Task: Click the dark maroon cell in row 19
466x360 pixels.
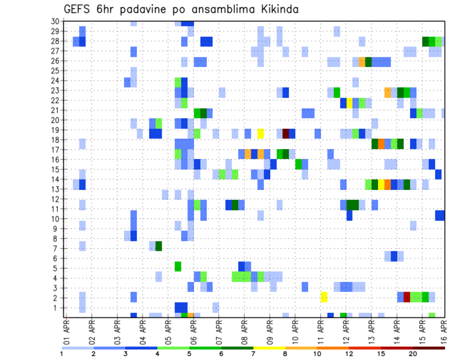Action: click(286, 133)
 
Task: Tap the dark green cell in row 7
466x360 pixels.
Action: click(159, 246)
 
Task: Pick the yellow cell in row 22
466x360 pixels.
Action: click(349, 103)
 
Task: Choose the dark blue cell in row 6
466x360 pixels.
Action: click(394, 256)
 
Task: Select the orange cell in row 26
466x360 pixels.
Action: click(362, 62)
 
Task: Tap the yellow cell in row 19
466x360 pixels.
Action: click(261, 133)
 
